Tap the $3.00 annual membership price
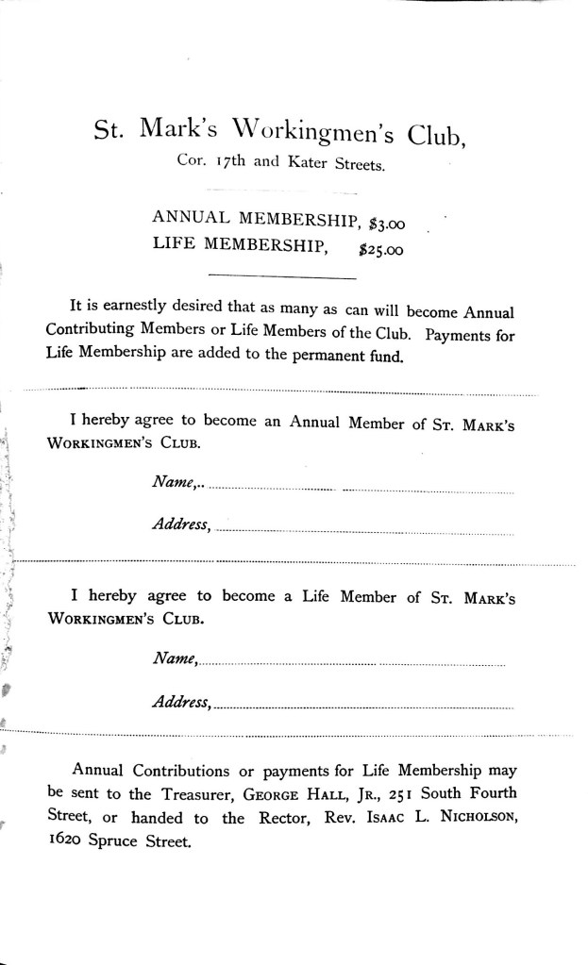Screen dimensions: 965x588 click(385, 223)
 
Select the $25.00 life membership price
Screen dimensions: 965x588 click(383, 250)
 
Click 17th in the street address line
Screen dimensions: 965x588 click(231, 163)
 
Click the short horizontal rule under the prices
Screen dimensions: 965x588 click(280, 277)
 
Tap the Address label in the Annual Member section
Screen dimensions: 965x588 click(181, 524)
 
